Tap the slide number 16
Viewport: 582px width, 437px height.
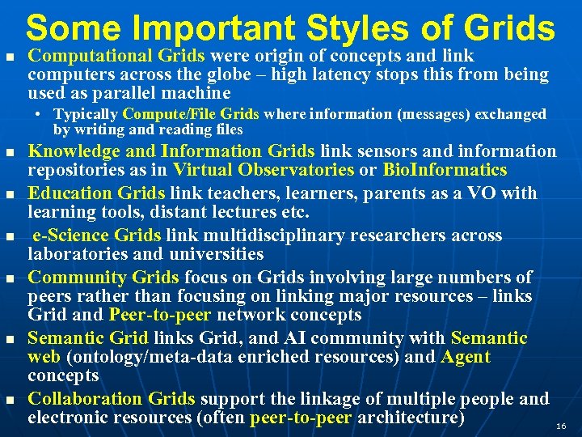point(561,426)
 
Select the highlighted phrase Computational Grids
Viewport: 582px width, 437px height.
point(116,56)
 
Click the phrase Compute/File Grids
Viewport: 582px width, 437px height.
point(191,114)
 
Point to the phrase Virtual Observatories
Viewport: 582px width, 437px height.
point(264,170)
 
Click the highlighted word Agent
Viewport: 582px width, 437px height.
point(466,357)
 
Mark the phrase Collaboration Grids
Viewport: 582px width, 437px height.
point(112,399)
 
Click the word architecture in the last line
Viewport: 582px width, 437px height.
point(411,418)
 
